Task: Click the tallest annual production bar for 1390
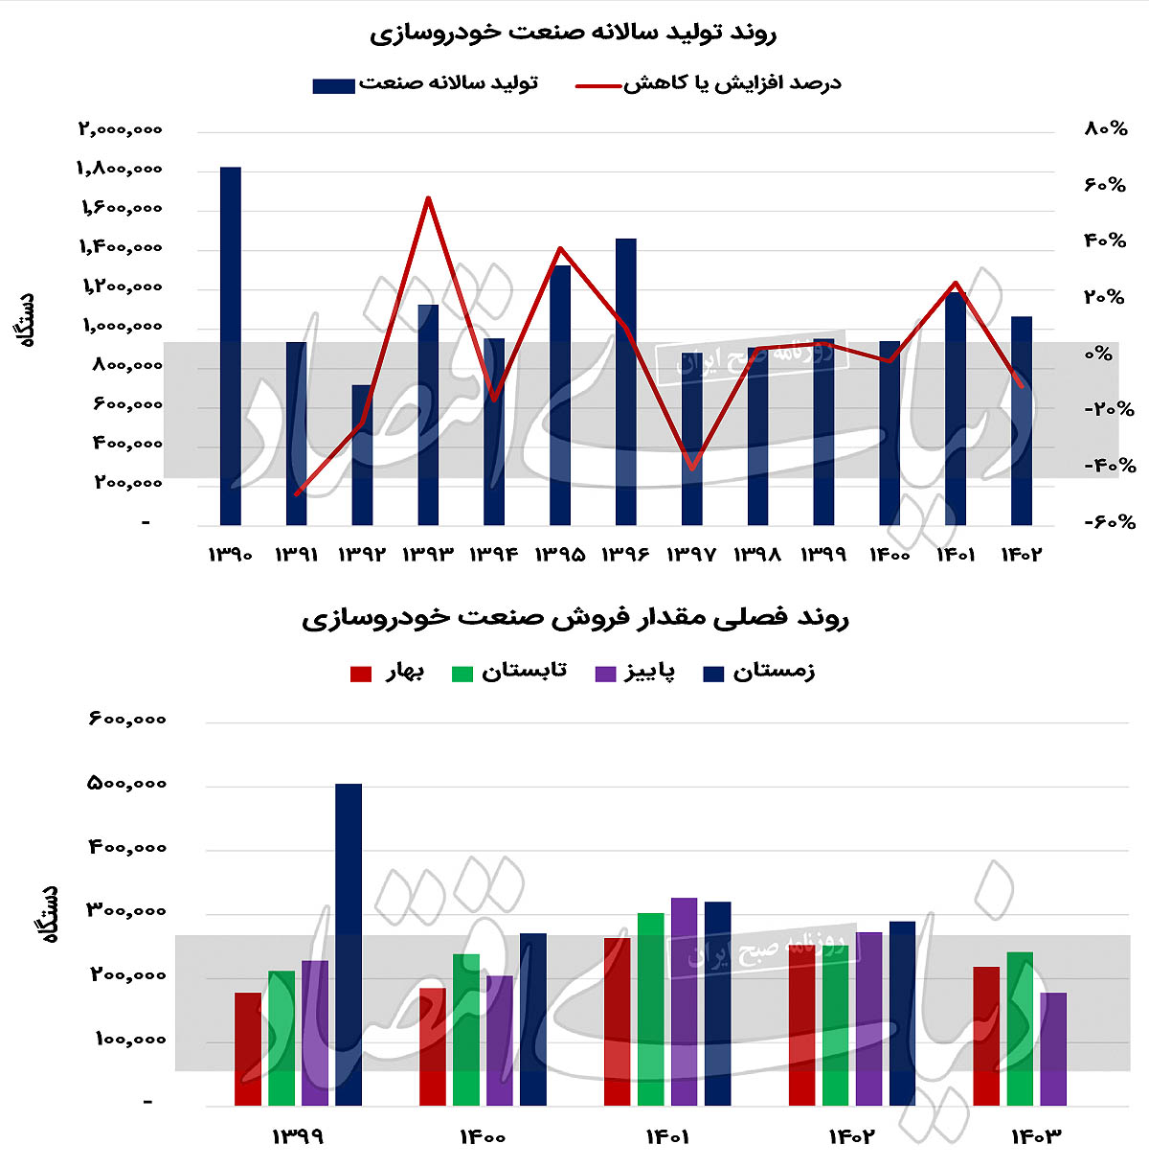point(231,345)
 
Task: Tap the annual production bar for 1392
point(362,455)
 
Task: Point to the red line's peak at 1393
point(428,198)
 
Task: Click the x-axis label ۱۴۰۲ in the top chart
point(1021,555)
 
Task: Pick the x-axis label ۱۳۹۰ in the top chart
point(231,555)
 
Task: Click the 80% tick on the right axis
point(1105,128)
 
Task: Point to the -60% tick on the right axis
point(1109,522)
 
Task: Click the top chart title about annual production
point(573,34)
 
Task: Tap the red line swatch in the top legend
point(598,85)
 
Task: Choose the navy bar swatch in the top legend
point(333,85)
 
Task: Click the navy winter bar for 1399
point(349,944)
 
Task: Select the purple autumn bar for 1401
point(685,1001)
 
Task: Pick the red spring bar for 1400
point(433,1046)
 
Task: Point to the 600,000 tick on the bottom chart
point(127,720)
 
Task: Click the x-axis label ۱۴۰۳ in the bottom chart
point(1037,1137)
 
